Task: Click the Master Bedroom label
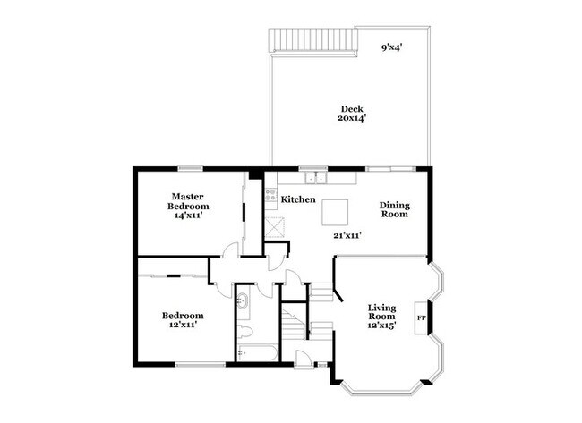189,200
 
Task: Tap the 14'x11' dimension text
189,215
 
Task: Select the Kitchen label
297,199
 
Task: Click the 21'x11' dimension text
347,236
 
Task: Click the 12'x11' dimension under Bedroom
182,326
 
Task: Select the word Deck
351,108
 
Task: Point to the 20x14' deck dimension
351,118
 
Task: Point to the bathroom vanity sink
243,302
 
